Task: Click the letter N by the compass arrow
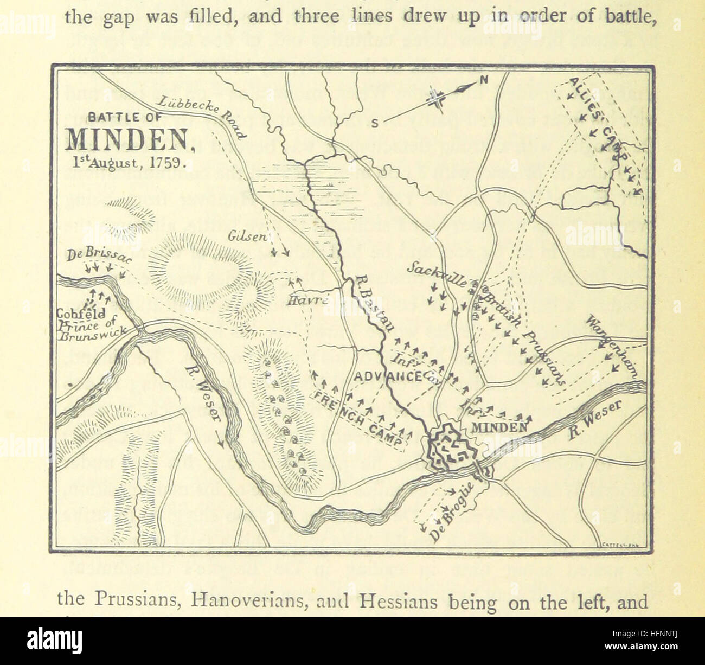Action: coord(484,80)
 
